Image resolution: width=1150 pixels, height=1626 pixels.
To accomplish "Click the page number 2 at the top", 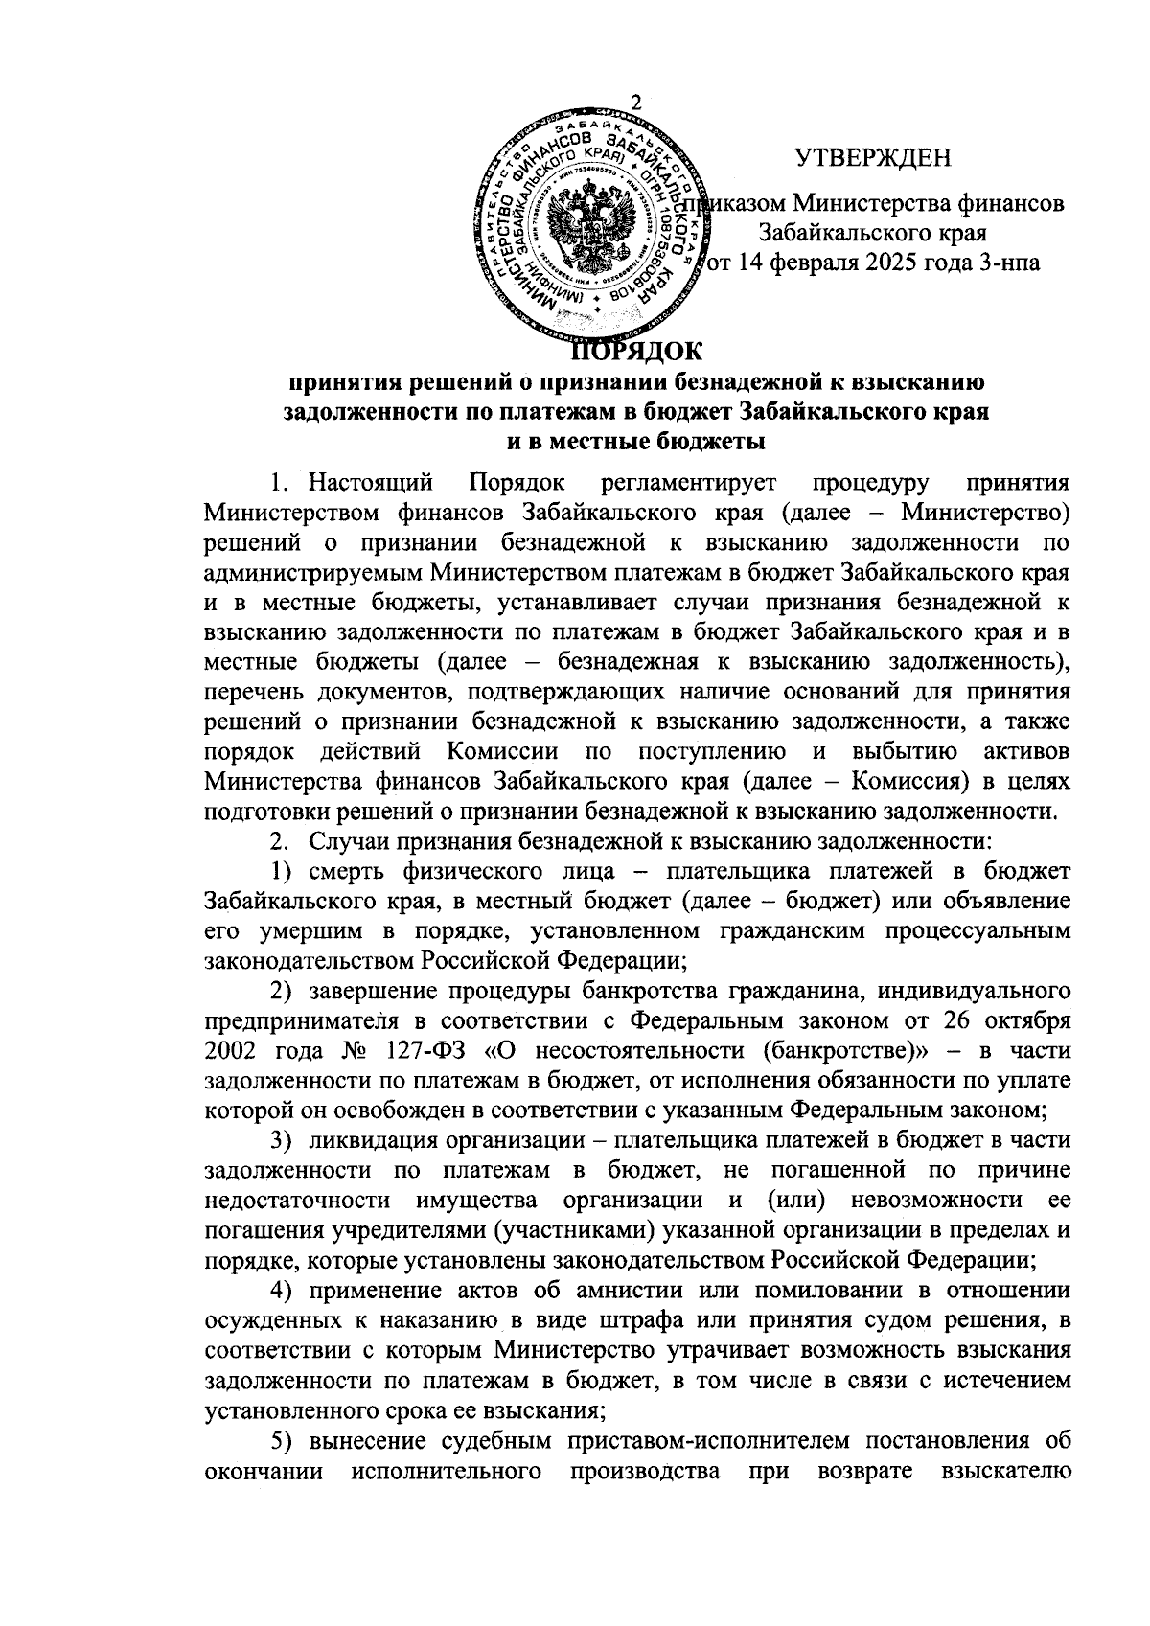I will (x=636, y=103).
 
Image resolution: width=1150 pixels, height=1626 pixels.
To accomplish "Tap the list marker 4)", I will (x=283, y=1293).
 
